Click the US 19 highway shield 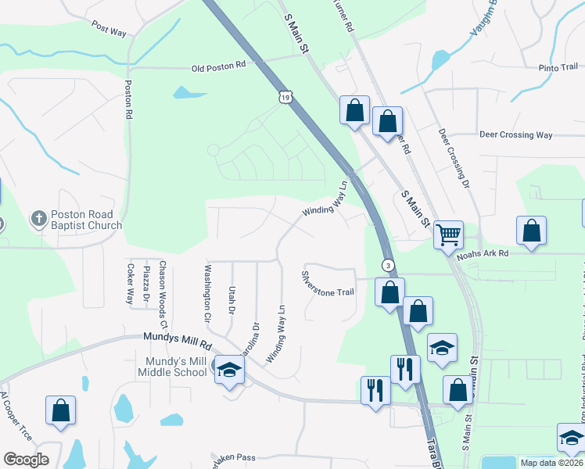tap(285, 97)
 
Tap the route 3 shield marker tap(387, 265)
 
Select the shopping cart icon tap(448, 234)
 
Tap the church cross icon tap(39, 220)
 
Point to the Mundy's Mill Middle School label tap(175, 367)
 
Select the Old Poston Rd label tap(219, 68)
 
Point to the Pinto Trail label tap(558, 68)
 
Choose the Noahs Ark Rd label tap(483, 253)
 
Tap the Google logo tap(26, 459)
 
